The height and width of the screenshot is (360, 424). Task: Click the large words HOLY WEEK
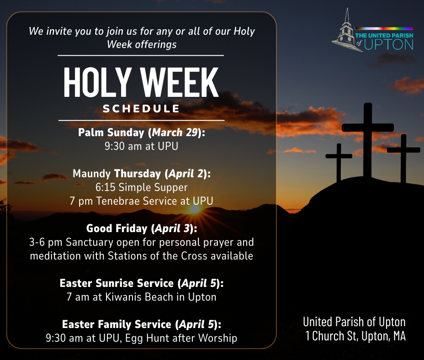[141, 82]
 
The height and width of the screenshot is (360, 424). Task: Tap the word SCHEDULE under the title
[141, 109]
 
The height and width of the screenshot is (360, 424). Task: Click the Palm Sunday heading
[111, 132]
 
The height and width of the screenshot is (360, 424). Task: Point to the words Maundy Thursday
[117, 174]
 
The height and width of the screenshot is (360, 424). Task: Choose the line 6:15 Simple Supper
[142, 187]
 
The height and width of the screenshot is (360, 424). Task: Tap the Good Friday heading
[117, 228]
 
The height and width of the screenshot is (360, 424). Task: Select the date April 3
[172, 228]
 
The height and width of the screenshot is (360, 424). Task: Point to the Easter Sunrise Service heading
[117, 283]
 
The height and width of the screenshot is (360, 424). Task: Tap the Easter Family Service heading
[117, 324]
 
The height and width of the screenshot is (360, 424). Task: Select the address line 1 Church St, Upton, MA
[355, 336]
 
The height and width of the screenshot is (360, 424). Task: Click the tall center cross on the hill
[367, 141]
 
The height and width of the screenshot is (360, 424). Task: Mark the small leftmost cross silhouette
[339, 162]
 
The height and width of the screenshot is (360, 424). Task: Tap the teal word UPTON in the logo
[389, 45]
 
